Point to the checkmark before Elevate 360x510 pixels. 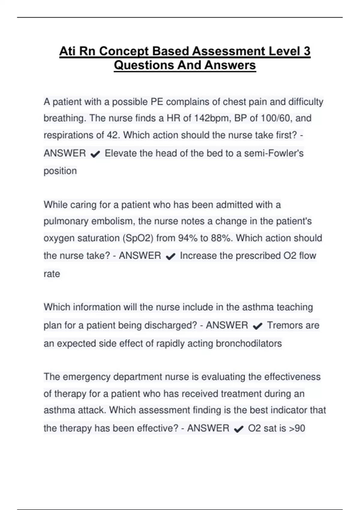point(95,154)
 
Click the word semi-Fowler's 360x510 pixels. point(274,153)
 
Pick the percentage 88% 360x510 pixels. point(222,238)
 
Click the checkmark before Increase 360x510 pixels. point(170,256)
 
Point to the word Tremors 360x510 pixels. point(283,325)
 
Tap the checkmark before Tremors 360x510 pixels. point(258,326)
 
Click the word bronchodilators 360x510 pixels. point(249,343)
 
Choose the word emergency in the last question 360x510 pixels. point(87,377)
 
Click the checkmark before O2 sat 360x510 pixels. point(238,429)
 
